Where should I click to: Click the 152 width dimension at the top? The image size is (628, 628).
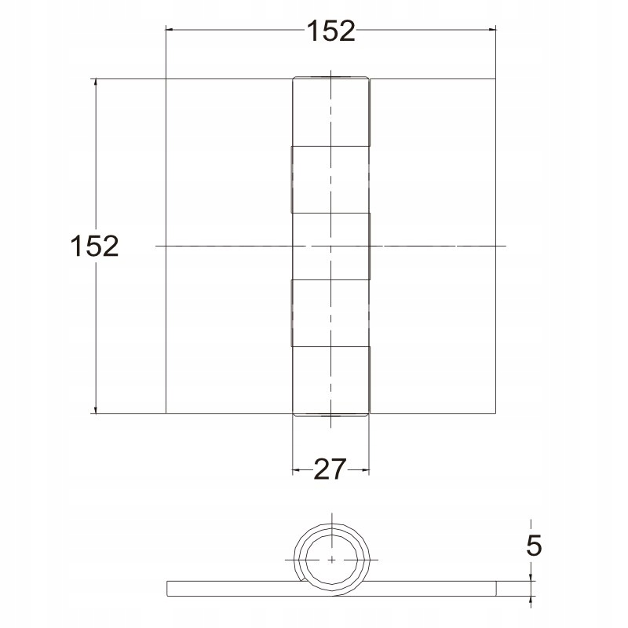tap(330, 31)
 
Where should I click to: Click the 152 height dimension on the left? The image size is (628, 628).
tap(94, 246)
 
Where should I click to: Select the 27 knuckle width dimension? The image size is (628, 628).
tap(329, 469)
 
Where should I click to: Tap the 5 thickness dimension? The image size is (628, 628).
tap(534, 545)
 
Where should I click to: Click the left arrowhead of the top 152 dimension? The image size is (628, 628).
tap(170, 30)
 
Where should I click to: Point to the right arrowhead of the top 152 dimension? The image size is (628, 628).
tap(492, 30)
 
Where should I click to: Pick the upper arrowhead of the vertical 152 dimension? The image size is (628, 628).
tap(95, 82)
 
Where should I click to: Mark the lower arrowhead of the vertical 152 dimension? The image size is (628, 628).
tap(95, 409)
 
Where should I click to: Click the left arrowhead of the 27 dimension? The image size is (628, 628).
tap(296, 469)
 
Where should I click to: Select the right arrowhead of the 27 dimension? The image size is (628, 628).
tap(365, 469)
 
